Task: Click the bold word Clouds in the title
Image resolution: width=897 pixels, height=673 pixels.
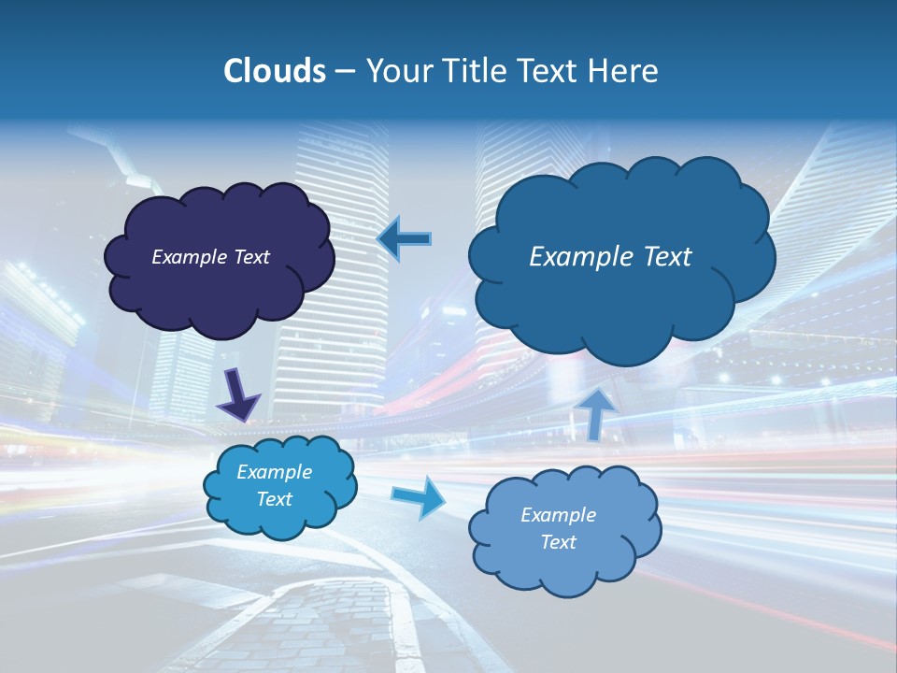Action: (x=274, y=71)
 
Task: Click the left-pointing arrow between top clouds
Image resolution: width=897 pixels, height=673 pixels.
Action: (x=404, y=238)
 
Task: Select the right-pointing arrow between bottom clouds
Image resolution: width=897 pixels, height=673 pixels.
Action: (x=418, y=496)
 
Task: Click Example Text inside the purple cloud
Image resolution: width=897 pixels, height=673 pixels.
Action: (x=210, y=257)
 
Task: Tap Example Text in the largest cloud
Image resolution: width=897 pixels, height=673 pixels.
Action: (x=610, y=256)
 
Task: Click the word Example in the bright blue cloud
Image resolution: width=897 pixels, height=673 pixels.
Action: (x=274, y=472)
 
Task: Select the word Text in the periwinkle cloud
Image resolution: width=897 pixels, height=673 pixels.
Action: (x=558, y=542)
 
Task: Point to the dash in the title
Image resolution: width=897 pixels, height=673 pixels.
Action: (x=344, y=71)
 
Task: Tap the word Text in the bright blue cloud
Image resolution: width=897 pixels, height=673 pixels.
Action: (x=274, y=499)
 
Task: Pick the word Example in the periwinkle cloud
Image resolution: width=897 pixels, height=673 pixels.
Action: (x=558, y=515)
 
